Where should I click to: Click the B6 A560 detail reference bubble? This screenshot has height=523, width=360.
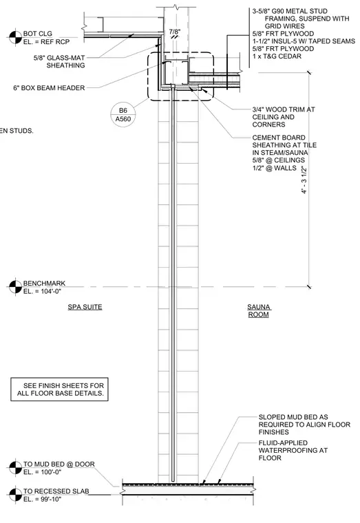pos(123,115)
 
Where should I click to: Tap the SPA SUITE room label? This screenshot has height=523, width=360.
pos(85,307)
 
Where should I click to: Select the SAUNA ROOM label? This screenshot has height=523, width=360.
pos(259,310)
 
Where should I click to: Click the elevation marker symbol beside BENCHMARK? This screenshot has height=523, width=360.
pos(15,287)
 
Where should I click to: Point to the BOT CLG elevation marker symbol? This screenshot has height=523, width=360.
pos(15,37)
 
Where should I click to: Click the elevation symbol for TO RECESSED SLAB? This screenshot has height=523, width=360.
pos(15,495)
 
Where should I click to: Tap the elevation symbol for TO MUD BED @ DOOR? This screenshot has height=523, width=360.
pos(15,468)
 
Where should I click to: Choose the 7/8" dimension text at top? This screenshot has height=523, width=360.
pos(175,32)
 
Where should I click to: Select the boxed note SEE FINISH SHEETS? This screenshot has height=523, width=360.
pos(59,389)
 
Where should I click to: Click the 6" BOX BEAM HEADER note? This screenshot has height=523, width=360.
pos(49,88)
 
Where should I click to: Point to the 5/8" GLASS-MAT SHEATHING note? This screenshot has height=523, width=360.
pos(59,61)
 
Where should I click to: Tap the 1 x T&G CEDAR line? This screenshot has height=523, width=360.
pos(277,56)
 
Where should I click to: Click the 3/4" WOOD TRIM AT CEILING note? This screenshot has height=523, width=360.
pos(284,117)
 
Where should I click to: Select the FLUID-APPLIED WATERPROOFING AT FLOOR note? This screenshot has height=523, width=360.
pos(293,450)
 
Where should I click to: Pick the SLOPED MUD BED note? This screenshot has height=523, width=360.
pos(304,425)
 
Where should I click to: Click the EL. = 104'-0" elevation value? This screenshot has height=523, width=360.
pos(43,291)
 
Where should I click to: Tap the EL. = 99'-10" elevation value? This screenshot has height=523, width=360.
pos(43,499)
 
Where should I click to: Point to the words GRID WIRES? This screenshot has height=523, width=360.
pos(284,26)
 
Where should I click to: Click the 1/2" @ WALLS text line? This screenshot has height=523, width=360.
pos(274,168)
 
